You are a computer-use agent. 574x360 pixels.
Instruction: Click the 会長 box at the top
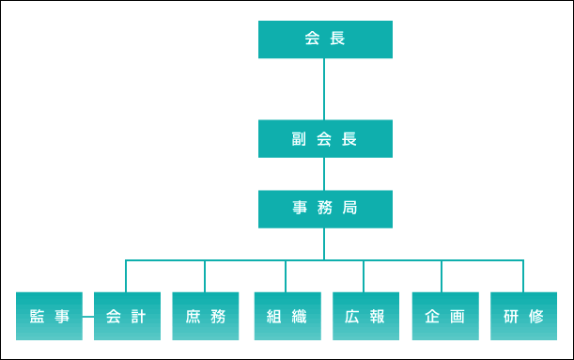tap(324, 39)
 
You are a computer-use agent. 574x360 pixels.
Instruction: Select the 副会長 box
tap(324, 139)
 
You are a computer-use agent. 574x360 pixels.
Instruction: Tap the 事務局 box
tap(324, 209)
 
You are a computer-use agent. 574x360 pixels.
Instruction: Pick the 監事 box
tap(49, 317)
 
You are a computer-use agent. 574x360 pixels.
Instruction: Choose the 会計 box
tap(126, 317)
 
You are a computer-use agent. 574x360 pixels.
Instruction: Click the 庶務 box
tap(205, 317)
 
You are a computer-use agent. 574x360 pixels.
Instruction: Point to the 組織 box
tap(286, 317)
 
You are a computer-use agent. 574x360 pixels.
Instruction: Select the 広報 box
tap(364, 317)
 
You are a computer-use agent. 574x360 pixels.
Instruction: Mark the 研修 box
tap(522, 317)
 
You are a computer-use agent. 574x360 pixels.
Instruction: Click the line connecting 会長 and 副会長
tap(324, 89)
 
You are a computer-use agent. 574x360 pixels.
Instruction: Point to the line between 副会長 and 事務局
tap(324, 174)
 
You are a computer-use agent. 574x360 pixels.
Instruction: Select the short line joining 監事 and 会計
tap(87, 317)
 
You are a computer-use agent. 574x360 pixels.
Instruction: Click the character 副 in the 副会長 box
tap(298, 139)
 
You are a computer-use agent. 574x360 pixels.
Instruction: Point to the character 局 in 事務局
tap(349, 209)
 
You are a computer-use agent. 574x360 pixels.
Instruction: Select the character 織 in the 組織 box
tap(300, 317)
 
